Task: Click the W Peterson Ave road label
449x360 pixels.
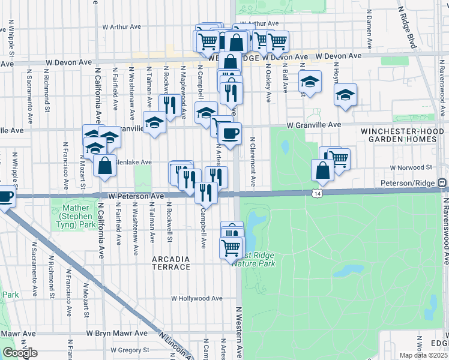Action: coord(136,196)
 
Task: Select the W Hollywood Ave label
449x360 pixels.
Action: coord(197,298)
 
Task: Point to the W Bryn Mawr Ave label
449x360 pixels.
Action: coord(116,333)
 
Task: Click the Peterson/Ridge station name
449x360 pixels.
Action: coord(408,182)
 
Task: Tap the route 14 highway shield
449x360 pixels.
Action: coord(317,193)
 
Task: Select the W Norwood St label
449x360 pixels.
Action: coord(411,167)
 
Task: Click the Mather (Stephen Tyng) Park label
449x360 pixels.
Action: coord(79,215)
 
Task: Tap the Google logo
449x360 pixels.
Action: coord(19,353)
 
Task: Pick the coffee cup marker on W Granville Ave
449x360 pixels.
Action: coord(229,132)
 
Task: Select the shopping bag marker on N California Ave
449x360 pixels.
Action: coord(104,166)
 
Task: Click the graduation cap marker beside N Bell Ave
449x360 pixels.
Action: coord(310,82)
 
